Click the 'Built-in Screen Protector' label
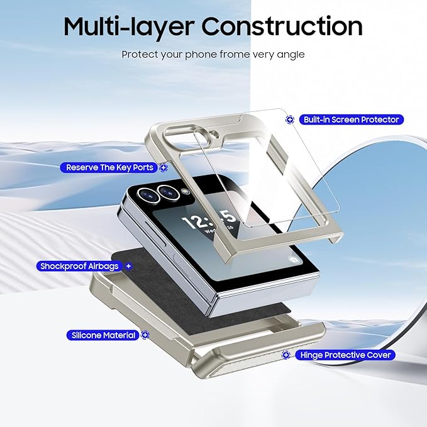(350, 119)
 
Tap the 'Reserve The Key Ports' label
(109, 168)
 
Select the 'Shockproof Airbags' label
(80, 266)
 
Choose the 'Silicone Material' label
(102, 336)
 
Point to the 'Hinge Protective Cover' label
(345, 355)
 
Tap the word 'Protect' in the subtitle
(139, 55)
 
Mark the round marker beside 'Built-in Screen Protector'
(290, 119)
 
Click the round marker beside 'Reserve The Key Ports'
(164, 168)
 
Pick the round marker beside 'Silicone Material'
(145, 336)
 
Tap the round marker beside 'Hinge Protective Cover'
(286, 355)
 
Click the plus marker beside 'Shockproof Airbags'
(129, 266)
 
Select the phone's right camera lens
(168, 191)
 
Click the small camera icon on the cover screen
(294, 259)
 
